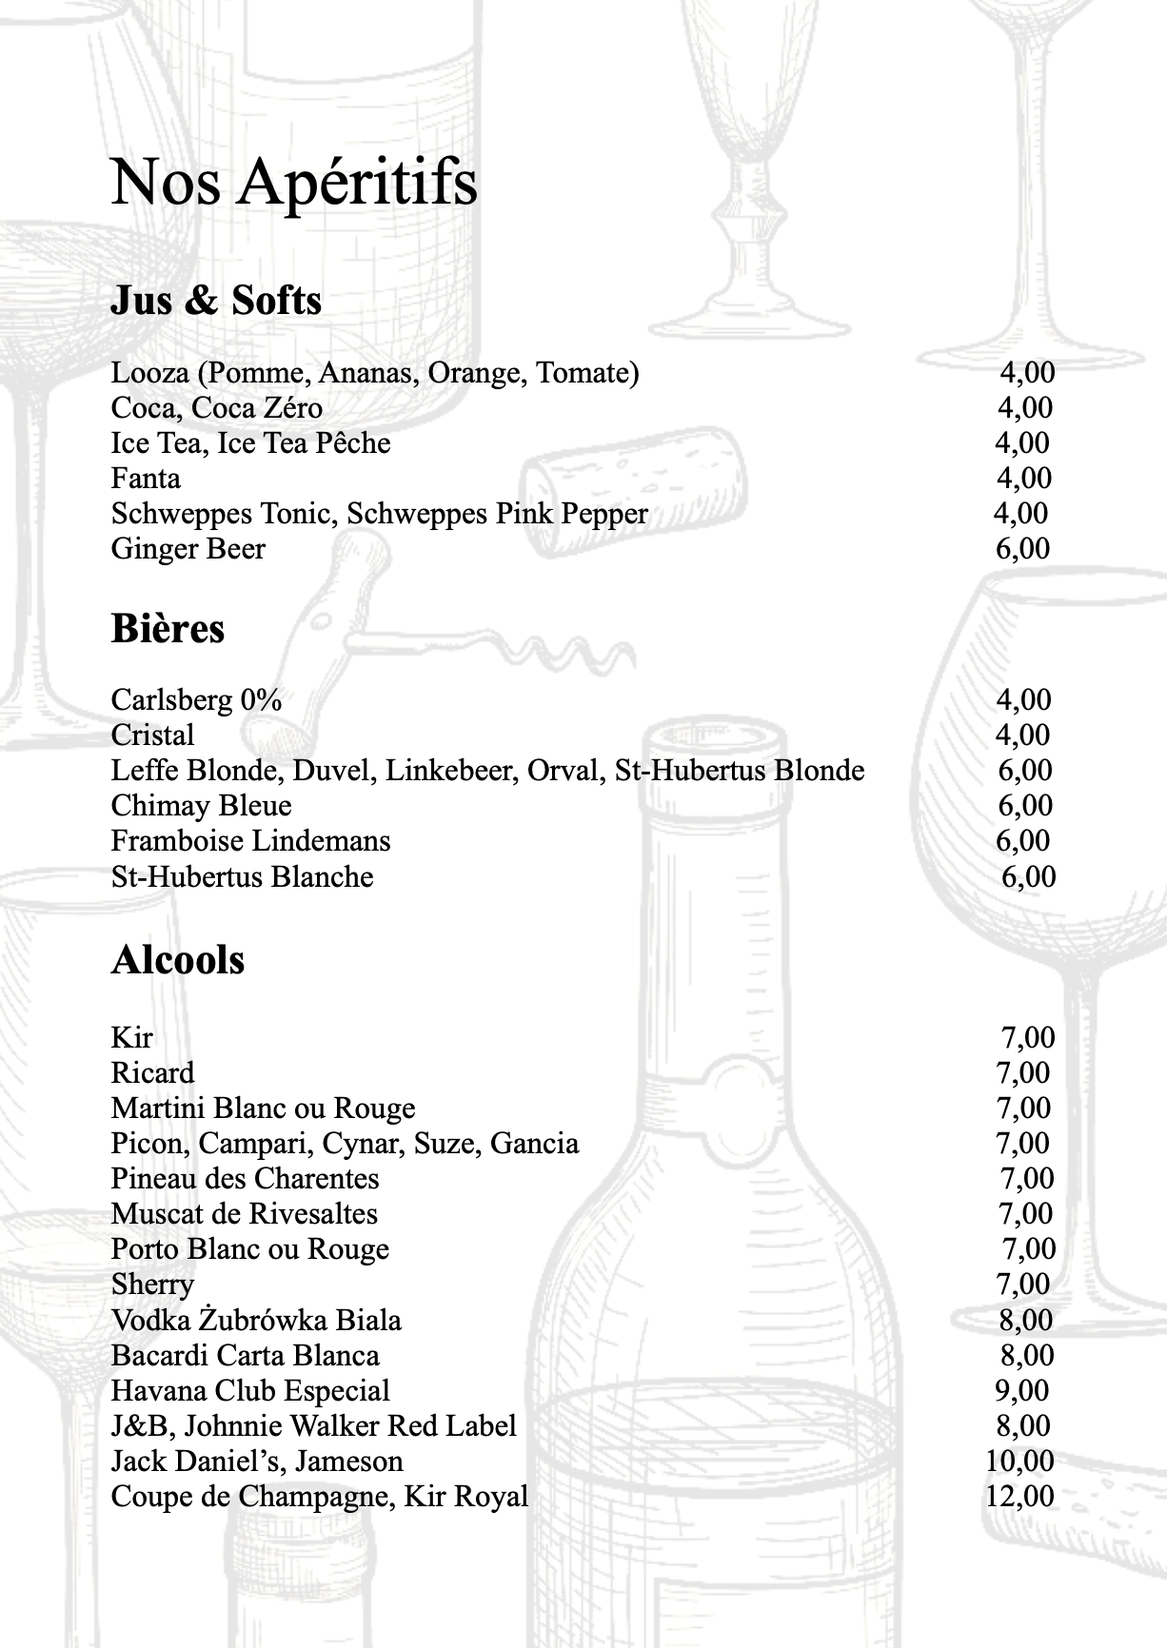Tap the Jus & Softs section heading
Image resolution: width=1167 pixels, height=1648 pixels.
tap(216, 301)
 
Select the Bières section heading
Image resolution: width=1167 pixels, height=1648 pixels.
tap(168, 629)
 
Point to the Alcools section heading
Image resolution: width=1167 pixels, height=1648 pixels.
tap(178, 960)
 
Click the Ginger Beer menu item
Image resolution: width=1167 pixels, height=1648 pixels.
tap(188, 549)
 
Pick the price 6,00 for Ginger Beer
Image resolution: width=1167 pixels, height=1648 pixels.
tap(1022, 549)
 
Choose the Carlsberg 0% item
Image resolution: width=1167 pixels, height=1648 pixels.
tap(196, 700)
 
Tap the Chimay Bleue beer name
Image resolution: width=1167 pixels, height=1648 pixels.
tap(201, 806)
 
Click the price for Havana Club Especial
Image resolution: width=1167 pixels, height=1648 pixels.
tap(1021, 1391)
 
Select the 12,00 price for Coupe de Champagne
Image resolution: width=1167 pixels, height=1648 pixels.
tap(1019, 1497)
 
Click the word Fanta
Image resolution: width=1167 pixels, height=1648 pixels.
tap(146, 479)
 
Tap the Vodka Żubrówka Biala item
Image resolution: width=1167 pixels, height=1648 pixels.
tap(256, 1321)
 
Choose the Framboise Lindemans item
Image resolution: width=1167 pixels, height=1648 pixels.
tap(250, 841)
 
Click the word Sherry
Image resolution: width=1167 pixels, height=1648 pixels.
tap(152, 1285)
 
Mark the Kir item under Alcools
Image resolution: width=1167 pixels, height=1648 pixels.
tap(131, 1037)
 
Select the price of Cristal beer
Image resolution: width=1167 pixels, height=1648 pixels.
tap(1023, 736)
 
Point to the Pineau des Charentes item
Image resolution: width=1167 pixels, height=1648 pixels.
tap(245, 1179)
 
